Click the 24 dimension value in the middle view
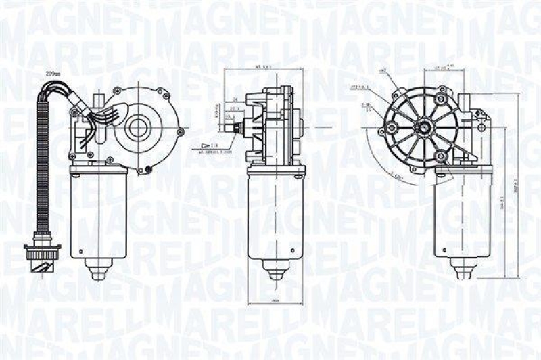[233, 99]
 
